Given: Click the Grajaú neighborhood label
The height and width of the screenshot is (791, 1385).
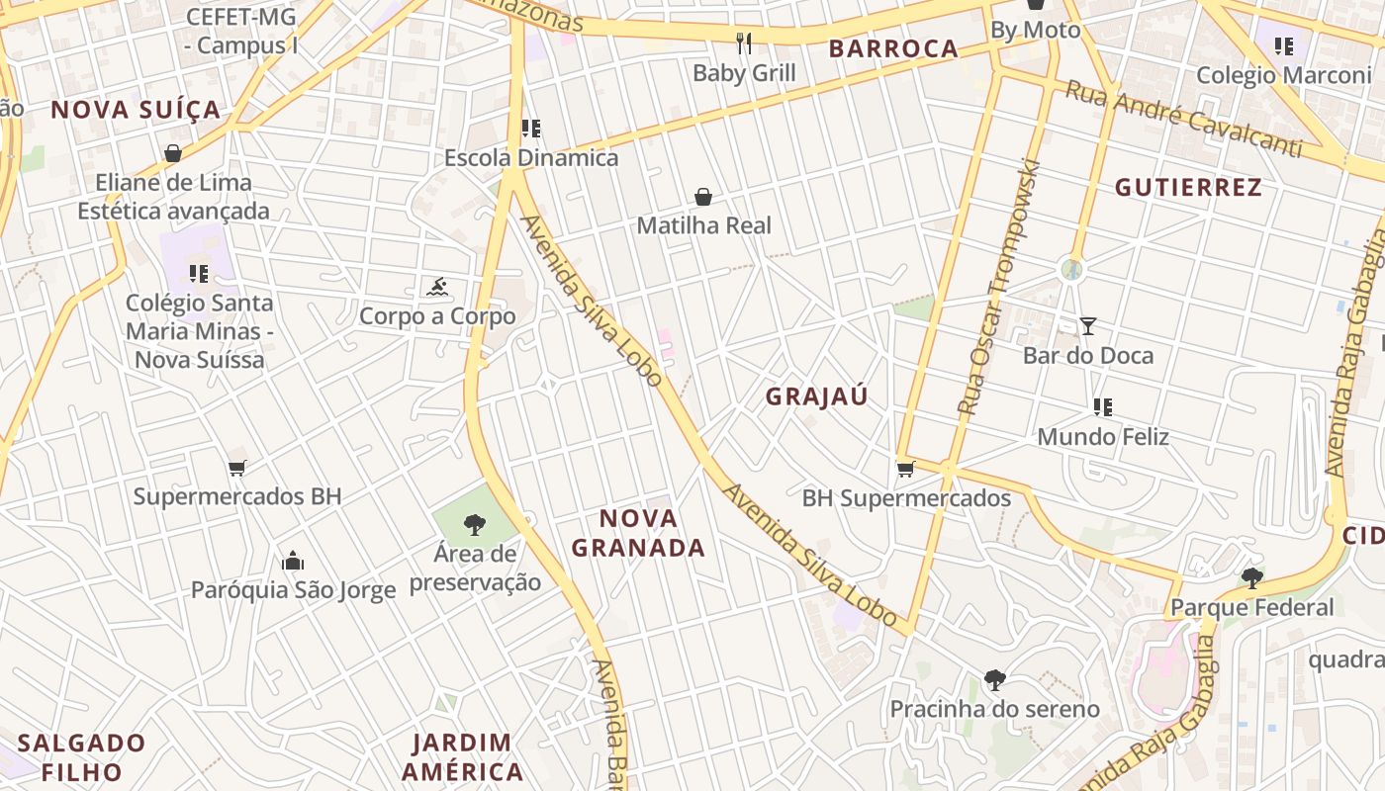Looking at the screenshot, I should [x=816, y=396].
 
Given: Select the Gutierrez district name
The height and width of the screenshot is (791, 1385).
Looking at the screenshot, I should [x=1188, y=187].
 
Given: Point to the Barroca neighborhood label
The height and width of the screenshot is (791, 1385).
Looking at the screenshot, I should [x=893, y=48].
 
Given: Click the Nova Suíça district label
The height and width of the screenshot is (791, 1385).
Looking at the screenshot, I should [x=136, y=110].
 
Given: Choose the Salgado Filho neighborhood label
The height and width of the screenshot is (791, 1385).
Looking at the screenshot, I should [x=81, y=756].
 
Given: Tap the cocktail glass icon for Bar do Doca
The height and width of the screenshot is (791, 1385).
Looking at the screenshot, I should [x=1088, y=325].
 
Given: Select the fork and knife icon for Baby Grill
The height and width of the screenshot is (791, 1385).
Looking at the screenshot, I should [x=744, y=43].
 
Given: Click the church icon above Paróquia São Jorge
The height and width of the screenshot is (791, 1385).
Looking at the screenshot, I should [x=293, y=562].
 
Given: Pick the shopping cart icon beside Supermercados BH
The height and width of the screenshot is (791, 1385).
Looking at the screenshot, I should [x=236, y=468].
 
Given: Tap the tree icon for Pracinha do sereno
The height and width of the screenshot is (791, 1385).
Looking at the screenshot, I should [x=994, y=680].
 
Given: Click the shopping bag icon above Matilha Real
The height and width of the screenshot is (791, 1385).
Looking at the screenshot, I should [x=703, y=197].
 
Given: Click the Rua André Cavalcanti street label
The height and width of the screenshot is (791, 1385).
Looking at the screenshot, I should [x=1196, y=120].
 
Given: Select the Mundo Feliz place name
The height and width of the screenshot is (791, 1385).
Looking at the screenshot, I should [x=1103, y=436].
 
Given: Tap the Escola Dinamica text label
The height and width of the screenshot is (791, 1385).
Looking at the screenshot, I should [x=531, y=157].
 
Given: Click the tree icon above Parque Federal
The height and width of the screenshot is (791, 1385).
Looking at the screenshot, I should [x=1251, y=577].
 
